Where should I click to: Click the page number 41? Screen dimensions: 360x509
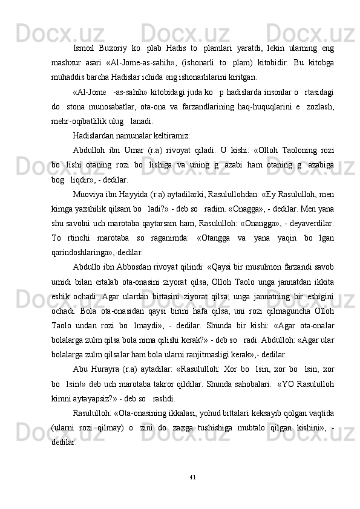tap(192, 478)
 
